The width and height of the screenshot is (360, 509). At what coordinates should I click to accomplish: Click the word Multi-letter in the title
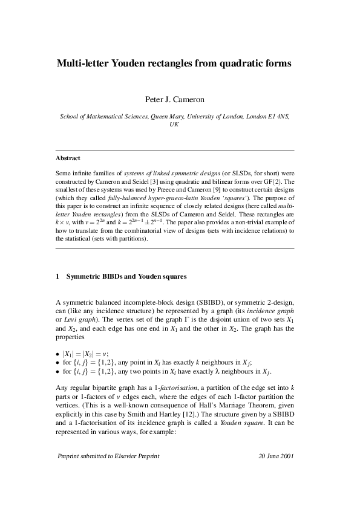point(83,62)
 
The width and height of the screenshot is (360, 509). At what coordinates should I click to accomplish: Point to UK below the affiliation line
point(174,123)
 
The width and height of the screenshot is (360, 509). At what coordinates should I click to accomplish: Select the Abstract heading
point(68,158)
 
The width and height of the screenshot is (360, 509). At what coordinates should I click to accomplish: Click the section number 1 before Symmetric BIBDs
point(57,277)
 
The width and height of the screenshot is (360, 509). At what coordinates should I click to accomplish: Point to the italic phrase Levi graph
point(74,319)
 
